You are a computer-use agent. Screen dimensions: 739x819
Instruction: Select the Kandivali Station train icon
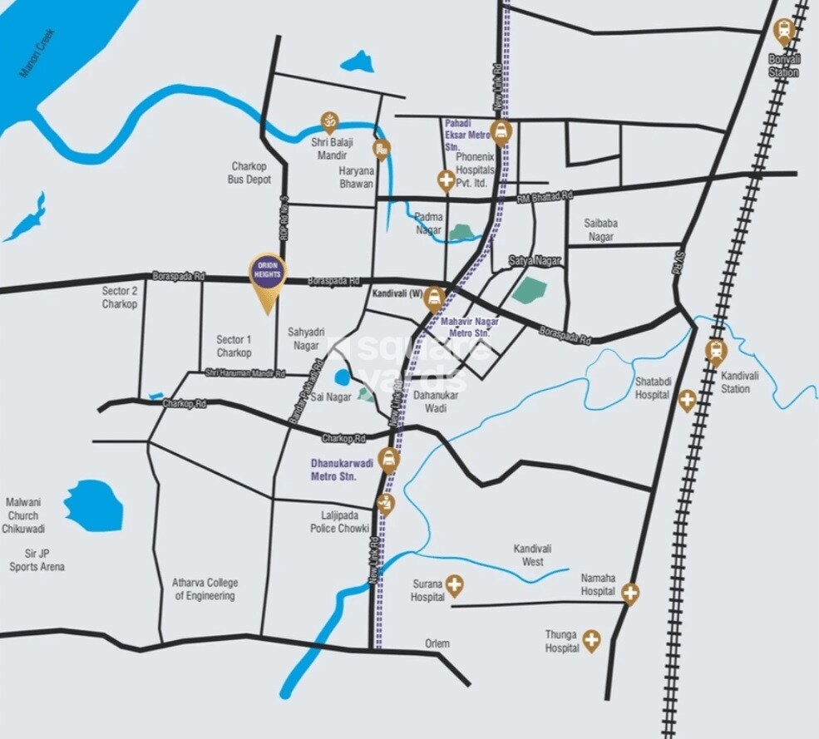715,350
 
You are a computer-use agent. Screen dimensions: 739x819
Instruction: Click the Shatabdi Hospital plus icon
687,400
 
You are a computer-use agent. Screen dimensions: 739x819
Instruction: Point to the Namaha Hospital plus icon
630,593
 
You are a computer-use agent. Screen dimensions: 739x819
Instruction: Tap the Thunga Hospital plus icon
591,639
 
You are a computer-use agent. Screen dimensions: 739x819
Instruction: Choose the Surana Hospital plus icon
454,587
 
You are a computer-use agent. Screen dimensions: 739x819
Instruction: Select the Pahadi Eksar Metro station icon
500,131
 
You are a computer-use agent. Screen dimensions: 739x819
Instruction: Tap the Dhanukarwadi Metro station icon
387,457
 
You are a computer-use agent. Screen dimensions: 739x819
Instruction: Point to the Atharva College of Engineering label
204,589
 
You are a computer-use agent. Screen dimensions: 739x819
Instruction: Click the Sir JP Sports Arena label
37,559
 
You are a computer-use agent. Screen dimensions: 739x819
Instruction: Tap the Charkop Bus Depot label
250,172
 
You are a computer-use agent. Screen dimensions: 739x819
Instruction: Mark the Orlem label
437,643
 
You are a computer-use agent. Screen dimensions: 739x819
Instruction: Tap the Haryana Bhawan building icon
382,150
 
